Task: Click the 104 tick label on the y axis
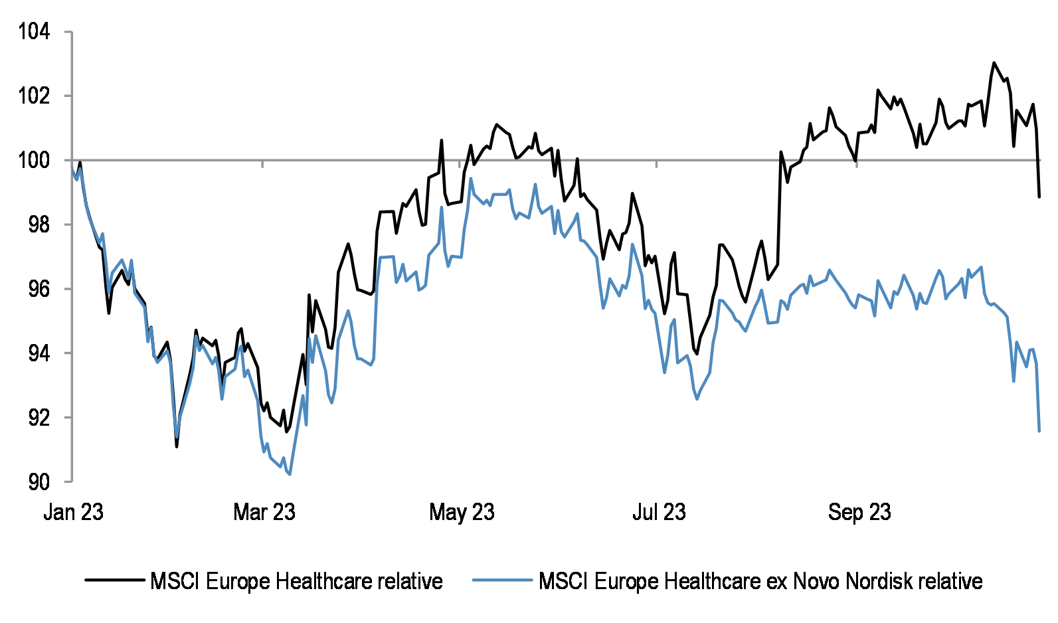[x=34, y=31]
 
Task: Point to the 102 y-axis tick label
[x=34, y=96]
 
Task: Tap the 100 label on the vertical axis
[x=34, y=160]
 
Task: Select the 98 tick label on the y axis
[x=39, y=224]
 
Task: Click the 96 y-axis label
[x=39, y=289]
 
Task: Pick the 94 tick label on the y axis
[x=39, y=353]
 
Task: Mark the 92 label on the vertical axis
[x=39, y=418]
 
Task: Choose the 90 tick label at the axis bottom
[x=39, y=482]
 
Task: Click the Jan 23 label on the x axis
[x=73, y=512]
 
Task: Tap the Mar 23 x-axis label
[x=264, y=512]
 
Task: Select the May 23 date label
[x=462, y=512]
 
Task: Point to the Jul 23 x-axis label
[x=659, y=512]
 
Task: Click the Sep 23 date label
[x=859, y=512]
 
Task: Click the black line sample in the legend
[x=114, y=580]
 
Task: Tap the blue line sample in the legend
[x=502, y=580]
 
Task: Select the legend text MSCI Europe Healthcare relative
[x=296, y=581]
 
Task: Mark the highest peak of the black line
[x=994, y=63]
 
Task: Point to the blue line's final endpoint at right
[x=1039, y=431]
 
